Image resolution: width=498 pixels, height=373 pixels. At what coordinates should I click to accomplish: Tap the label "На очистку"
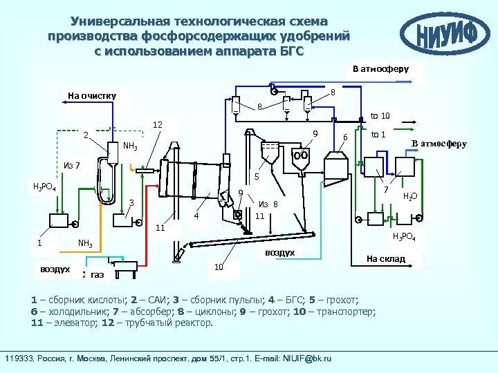[92, 95]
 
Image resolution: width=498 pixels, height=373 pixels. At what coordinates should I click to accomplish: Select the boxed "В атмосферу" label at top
[381, 69]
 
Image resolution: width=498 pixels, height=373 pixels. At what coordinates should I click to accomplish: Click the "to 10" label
[380, 115]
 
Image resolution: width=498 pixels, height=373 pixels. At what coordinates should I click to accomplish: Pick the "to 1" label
[378, 134]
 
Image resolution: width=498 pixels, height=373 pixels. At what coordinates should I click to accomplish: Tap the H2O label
[411, 196]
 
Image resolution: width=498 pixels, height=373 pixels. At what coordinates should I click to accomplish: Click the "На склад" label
[386, 259]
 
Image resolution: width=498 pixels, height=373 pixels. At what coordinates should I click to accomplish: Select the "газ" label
[97, 275]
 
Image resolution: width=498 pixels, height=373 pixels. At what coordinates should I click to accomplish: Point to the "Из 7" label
[71, 165]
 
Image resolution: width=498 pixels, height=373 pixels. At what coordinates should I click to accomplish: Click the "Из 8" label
[268, 204]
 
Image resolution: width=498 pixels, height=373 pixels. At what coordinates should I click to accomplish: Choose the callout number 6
[346, 137]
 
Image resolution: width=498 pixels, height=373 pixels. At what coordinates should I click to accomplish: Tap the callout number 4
[196, 216]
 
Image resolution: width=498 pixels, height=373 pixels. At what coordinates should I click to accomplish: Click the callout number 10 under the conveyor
[218, 267]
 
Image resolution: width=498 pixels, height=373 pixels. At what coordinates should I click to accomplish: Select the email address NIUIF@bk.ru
[304, 358]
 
